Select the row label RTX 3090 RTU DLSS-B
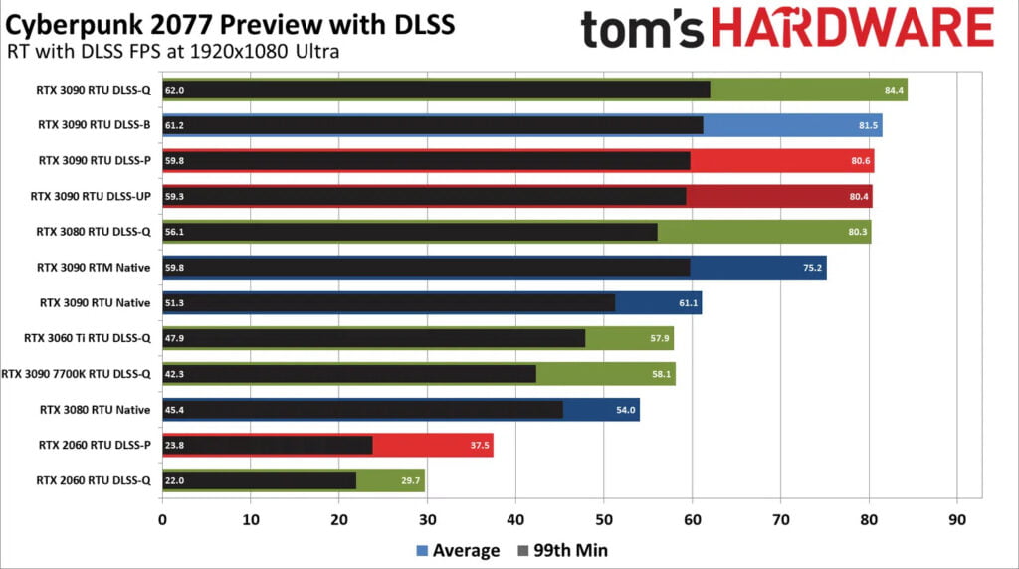coord(95,125)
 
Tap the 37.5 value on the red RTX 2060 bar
coord(479,446)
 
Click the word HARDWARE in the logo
coord(853,29)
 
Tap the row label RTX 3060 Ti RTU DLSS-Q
coord(88,338)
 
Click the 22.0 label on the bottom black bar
coord(175,480)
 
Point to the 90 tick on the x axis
coord(956,518)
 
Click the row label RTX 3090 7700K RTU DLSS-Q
coord(77,374)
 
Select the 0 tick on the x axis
coord(162,518)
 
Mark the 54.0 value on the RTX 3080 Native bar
coord(626,410)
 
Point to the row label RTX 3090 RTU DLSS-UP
coord(92,196)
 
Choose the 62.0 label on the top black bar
coord(175,91)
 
